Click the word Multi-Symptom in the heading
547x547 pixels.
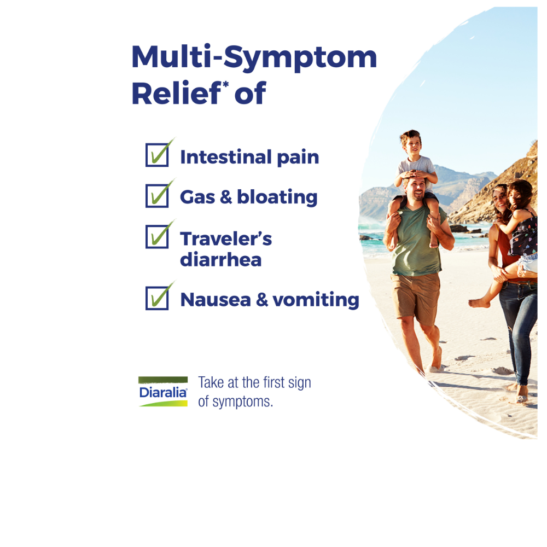pyautogui.click(x=254, y=57)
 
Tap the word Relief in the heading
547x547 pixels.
pyautogui.click(x=176, y=93)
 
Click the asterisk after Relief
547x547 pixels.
pyautogui.click(x=226, y=84)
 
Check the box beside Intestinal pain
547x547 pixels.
pyautogui.click(x=157, y=155)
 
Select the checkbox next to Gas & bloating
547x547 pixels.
pyautogui.click(x=157, y=196)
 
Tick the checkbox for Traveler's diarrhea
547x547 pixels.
pyautogui.click(x=157, y=236)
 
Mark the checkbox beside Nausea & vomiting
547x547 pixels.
pyautogui.click(x=157, y=298)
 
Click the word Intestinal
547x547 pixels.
pyautogui.click(x=226, y=157)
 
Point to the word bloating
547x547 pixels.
pyautogui.click(x=277, y=197)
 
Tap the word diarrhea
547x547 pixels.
pyautogui.click(x=221, y=259)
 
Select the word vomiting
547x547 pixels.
pyautogui.click(x=316, y=300)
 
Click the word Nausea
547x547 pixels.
pyautogui.click(x=216, y=300)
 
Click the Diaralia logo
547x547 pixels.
pyautogui.click(x=163, y=392)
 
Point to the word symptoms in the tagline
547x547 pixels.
pyautogui.click(x=243, y=402)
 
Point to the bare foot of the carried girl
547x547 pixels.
pyautogui.click(x=479, y=303)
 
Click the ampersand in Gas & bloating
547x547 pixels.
pyautogui.click(x=226, y=197)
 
